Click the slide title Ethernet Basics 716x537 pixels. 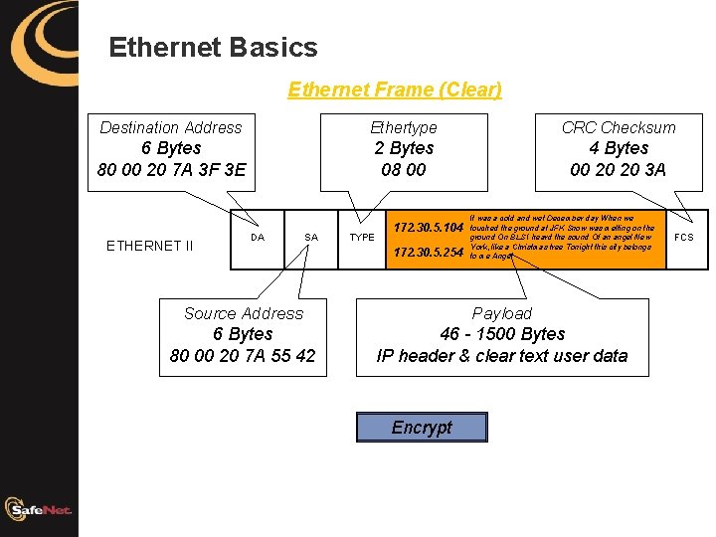coord(213,48)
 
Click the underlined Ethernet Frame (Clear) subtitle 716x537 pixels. coord(395,89)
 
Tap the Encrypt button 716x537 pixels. coord(422,428)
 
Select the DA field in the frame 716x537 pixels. coord(258,238)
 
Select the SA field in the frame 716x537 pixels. coord(311,238)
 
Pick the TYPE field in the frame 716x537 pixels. coord(362,238)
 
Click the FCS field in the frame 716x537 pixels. coord(684,238)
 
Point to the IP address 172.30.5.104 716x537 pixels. coord(429,229)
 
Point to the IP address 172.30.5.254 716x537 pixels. coord(429,253)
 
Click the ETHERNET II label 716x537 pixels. coord(149,246)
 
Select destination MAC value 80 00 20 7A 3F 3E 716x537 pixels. coord(171,170)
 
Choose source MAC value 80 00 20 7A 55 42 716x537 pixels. coord(243,356)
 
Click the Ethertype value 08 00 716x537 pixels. coord(404,170)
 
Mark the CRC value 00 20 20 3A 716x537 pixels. coord(619,170)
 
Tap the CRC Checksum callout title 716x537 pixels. coord(619,127)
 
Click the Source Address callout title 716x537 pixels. coord(243,313)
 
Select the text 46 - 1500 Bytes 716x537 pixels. coord(502,334)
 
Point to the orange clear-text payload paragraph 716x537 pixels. coord(562,237)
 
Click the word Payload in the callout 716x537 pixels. coord(502,313)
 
